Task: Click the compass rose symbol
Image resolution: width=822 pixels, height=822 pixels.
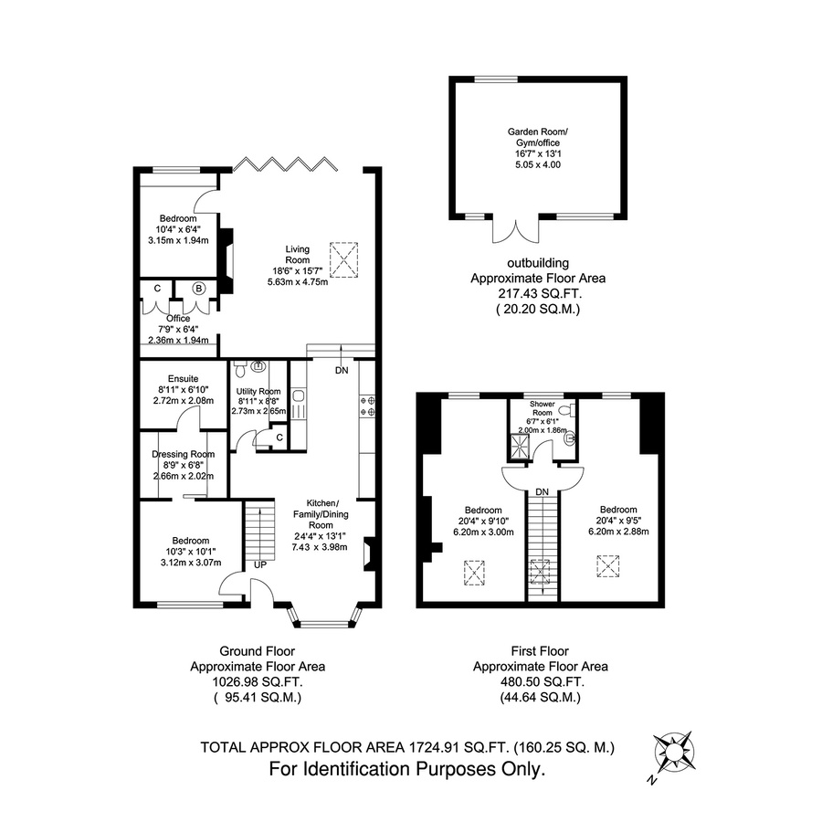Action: (675, 752)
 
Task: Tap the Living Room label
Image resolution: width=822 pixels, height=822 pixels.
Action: (297, 255)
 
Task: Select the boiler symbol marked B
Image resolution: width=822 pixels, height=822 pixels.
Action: (198, 289)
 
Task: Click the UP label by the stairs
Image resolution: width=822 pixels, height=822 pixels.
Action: (260, 565)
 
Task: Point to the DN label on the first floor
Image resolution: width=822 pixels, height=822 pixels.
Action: (542, 491)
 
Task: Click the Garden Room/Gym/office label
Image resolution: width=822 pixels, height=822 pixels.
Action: (538, 137)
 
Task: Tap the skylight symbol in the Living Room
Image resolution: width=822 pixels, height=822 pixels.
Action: (343, 260)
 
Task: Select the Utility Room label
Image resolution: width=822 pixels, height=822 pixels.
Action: (258, 391)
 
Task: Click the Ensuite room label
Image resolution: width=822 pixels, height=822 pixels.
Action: (184, 378)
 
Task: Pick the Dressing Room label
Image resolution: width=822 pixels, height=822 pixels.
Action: (184, 454)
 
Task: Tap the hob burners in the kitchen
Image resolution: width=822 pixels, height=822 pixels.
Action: (366, 406)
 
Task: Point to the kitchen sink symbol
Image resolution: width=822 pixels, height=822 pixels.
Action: (299, 403)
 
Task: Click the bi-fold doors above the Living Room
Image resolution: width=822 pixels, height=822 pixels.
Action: (285, 164)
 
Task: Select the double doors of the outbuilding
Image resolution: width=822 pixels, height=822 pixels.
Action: (516, 231)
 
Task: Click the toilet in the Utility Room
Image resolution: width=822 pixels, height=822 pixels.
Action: (239, 369)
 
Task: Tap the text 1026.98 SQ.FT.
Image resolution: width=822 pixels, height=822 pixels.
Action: (258, 682)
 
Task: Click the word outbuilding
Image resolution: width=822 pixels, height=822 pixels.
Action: (538, 263)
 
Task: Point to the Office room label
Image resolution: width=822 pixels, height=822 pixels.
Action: (178, 318)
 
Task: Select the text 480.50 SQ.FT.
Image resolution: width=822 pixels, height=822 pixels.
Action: (540, 682)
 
